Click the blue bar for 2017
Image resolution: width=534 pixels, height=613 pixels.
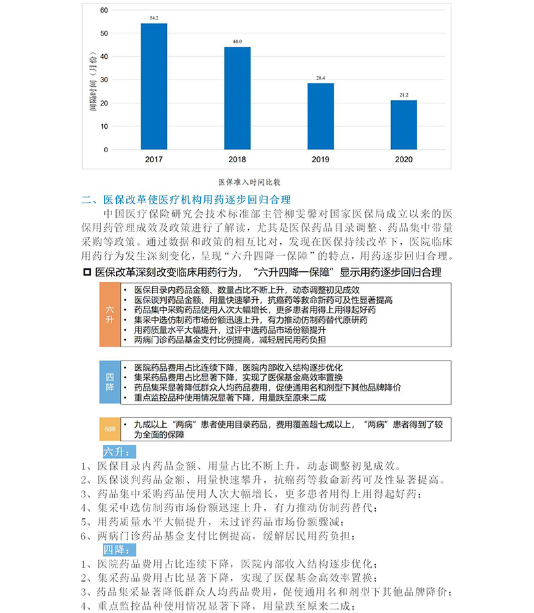click(x=154, y=87)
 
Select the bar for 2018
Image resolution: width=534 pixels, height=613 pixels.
click(x=237, y=98)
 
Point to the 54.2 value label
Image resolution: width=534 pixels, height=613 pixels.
click(x=154, y=18)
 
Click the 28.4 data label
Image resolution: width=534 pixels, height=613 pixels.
click(x=320, y=78)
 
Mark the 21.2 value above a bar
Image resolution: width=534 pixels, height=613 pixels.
click(x=404, y=95)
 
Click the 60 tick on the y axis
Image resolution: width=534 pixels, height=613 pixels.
click(x=103, y=10)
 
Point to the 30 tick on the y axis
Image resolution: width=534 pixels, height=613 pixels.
click(x=103, y=80)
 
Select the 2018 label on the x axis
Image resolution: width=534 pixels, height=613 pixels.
click(x=237, y=160)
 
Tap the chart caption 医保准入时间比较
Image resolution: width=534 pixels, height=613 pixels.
click(x=249, y=181)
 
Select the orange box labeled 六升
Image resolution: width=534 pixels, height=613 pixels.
click(x=110, y=315)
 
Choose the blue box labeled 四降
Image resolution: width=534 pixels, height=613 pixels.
click(x=110, y=382)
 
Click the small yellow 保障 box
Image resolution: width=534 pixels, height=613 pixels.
click(x=110, y=428)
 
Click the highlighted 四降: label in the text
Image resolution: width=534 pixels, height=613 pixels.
click(x=119, y=549)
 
